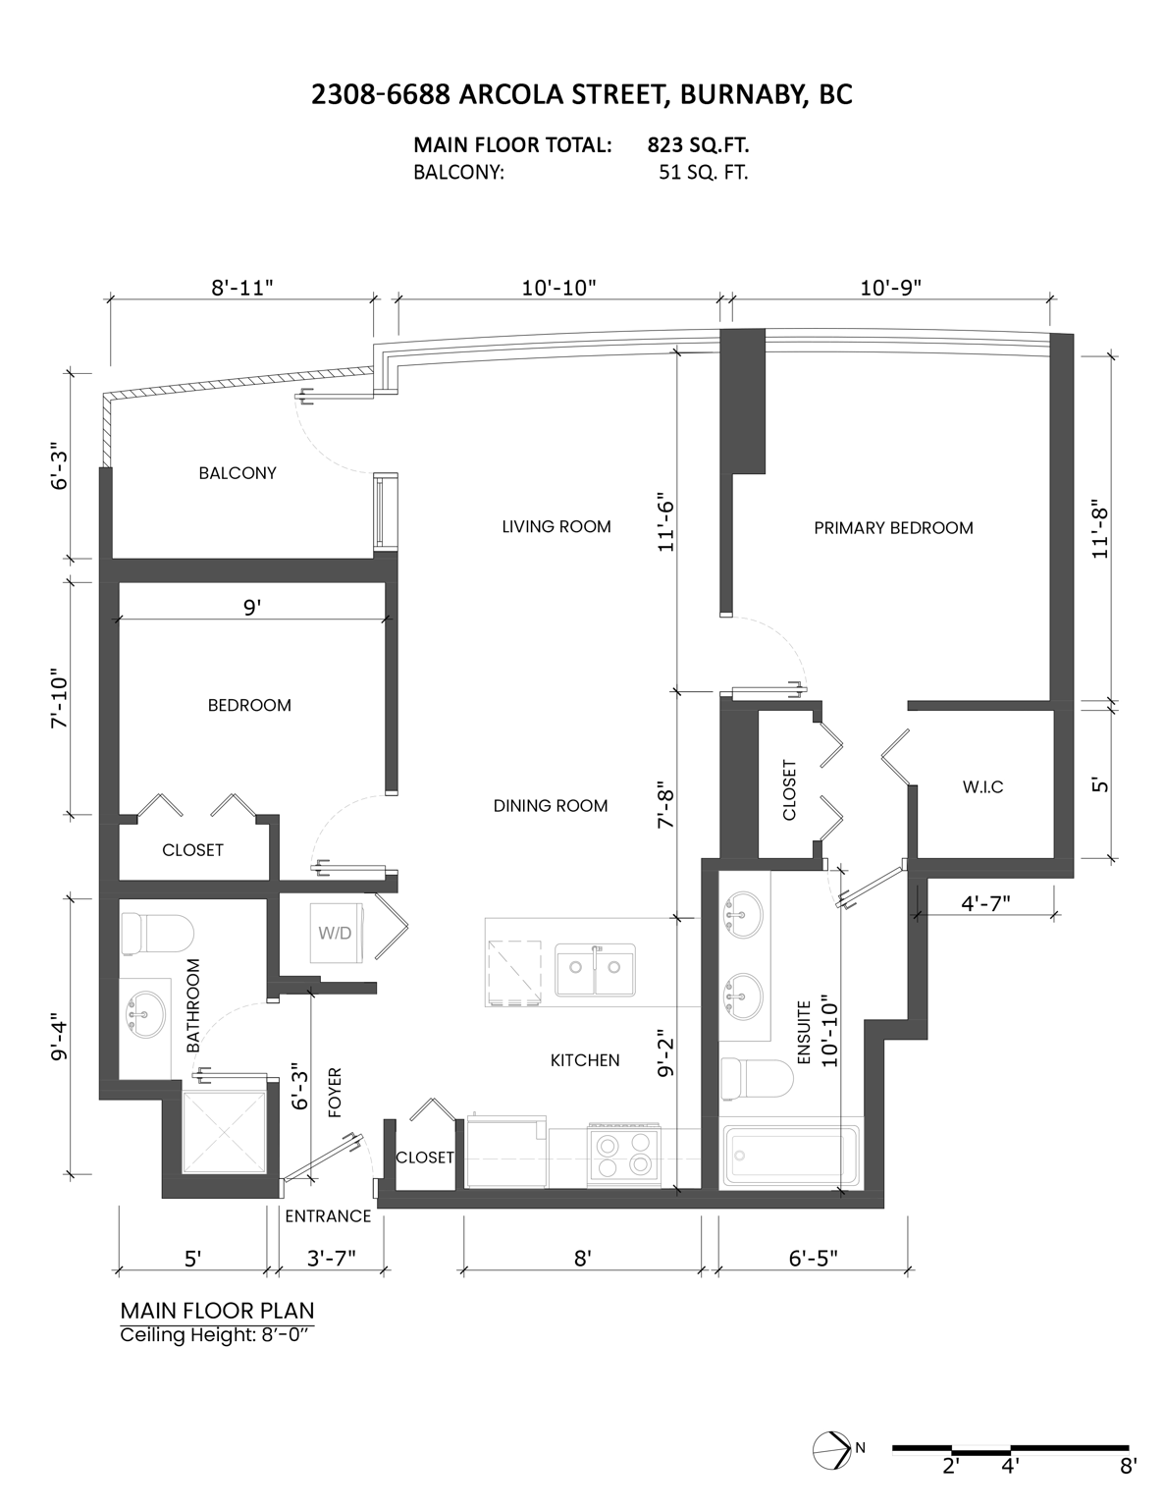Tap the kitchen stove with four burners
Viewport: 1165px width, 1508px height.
622,1154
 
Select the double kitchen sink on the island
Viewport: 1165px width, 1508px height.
595,970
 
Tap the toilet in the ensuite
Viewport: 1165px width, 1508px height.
756,1080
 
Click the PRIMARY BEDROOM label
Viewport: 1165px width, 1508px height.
893,528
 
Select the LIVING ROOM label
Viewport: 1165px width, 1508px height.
556,527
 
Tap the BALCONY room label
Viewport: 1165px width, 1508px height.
238,473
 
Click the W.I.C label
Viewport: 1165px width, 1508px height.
982,787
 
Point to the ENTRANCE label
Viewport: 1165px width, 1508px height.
328,1216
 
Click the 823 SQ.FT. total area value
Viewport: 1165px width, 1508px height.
698,145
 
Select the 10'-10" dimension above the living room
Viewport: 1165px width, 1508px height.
558,288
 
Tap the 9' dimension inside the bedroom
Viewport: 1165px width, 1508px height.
252,608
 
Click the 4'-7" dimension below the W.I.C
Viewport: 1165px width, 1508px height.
985,903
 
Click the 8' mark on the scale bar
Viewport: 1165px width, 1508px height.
1128,1467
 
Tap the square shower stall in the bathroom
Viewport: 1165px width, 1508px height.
225,1130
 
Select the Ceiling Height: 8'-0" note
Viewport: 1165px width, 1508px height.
216,1335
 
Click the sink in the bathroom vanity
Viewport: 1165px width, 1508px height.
144,1008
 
